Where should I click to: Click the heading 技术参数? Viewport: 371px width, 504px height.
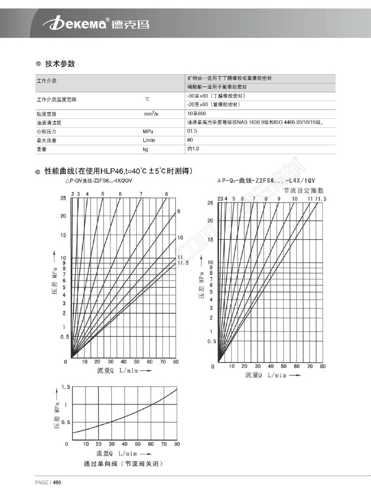pyautogui.click(x=60, y=64)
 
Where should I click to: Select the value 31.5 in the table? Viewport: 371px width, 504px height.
pyautogui.click(x=192, y=131)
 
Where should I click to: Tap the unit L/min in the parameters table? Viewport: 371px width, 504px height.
pyautogui.click(x=148, y=140)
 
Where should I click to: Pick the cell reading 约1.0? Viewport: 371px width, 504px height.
pyautogui.click(x=193, y=149)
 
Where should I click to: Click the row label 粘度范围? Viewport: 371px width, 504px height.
pyautogui.click(x=46, y=114)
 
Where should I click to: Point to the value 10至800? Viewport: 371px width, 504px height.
pyautogui.click(x=196, y=114)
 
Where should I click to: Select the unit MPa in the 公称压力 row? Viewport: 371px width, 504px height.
pyautogui.click(x=148, y=132)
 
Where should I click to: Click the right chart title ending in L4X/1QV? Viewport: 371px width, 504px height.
pyautogui.click(x=267, y=181)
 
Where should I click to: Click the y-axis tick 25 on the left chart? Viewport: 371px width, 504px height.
pyautogui.click(x=63, y=198)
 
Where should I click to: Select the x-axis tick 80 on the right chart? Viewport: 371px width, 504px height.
pyautogui.click(x=322, y=366)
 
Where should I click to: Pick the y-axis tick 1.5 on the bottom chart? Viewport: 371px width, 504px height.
pyautogui.click(x=65, y=387)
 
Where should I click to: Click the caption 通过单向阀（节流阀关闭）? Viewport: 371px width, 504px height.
pyautogui.click(x=124, y=464)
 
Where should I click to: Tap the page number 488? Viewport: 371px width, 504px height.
pyautogui.click(x=57, y=482)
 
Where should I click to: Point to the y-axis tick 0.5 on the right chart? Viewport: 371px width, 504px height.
pyautogui.click(x=212, y=342)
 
